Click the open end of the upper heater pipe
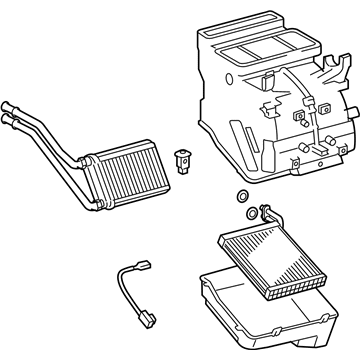[x=9, y=102]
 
